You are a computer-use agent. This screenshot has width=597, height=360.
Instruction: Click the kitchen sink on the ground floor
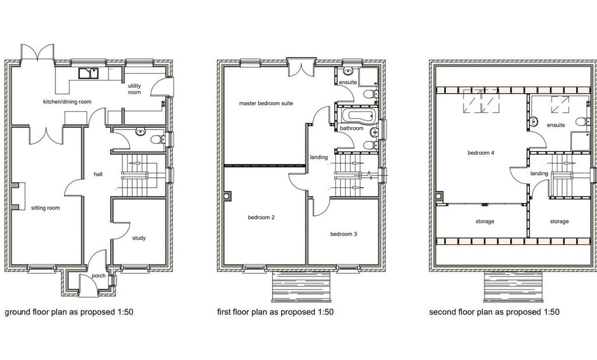click(89, 73)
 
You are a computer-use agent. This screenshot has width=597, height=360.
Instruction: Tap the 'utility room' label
click(135, 89)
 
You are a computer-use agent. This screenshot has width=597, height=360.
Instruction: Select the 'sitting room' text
click(45, 208)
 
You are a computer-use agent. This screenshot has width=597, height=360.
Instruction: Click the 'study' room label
click(139, 238)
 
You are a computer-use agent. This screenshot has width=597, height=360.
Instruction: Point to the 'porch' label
click(99, 276)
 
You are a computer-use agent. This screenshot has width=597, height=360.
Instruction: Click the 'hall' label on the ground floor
click(98, 174)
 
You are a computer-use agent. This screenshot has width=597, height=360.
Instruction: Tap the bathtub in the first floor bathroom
click(359, 116)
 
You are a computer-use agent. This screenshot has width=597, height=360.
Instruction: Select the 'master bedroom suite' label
click(266, 103)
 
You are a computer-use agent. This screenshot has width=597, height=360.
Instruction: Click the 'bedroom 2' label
click(261, 218)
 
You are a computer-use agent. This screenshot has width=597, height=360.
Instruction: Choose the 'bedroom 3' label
click(343, 234)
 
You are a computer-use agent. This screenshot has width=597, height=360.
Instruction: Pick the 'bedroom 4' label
click(481, 153)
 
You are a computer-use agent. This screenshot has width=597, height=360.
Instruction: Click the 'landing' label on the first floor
click(319, 157)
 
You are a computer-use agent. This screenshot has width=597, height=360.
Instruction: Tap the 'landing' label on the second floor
click(539, 173)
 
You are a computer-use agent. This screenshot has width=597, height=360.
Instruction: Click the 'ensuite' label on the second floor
click(556, 125)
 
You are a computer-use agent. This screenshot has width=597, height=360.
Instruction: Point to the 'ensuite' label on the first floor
click(348, 82)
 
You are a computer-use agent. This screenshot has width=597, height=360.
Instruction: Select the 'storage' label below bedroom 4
click(484, 221)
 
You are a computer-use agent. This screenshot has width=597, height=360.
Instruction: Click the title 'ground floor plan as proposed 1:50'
click(69, 312)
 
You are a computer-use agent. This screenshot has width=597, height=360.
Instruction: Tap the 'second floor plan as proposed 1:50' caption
click(494, 312)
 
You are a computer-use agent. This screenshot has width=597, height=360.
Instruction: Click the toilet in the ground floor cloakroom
click(157, 139)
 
